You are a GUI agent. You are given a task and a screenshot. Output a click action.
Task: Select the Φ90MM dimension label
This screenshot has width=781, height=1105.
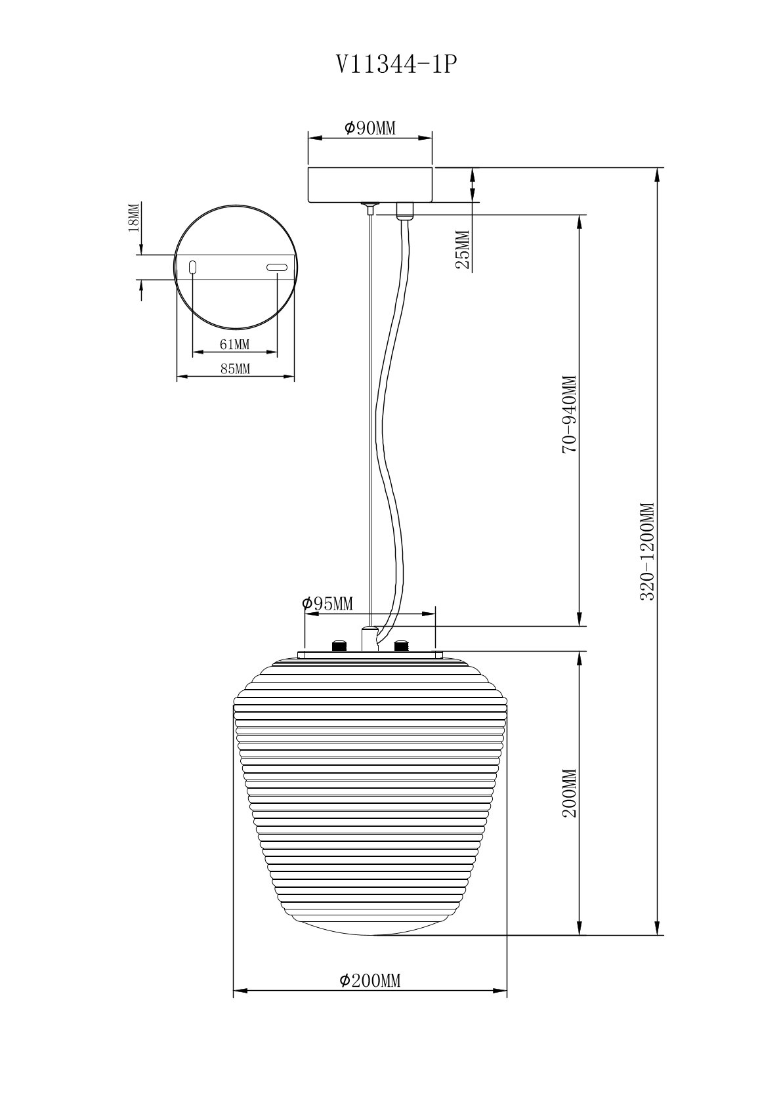click(x=369, y=128)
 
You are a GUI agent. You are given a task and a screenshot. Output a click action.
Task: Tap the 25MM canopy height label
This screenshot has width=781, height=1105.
click(x=463, y=250)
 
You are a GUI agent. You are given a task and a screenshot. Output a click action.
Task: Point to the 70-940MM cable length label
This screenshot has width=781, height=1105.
click(x=569, y=414)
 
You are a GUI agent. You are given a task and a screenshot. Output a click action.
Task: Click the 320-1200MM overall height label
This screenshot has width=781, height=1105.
click(x=648, y=551)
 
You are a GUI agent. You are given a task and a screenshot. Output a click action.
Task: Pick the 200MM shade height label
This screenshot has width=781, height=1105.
click(x=569, y=793)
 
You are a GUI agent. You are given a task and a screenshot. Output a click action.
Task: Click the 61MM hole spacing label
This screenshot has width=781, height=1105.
click(x=234, y=344)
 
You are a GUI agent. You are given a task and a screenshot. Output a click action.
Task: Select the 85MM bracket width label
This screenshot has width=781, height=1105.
click(x=235, y=369)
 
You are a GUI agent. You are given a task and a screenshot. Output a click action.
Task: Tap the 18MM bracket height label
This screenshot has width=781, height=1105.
click(x=133, y=217)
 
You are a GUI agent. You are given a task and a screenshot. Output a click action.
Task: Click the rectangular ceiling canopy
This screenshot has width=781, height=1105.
click(x=370, y=184)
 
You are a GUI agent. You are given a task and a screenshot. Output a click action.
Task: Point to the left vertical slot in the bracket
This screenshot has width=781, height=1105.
click(x=193, y=267)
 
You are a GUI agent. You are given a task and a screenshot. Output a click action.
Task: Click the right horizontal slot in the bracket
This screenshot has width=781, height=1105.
click(x=276, y=267)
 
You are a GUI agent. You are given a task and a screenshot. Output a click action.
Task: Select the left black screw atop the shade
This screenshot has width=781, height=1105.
click(x=339, y=646)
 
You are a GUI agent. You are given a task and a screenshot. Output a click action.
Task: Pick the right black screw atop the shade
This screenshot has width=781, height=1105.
click(x=400, y=646)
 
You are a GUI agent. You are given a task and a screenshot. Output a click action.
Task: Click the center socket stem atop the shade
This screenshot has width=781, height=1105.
click(x=369, y=638)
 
